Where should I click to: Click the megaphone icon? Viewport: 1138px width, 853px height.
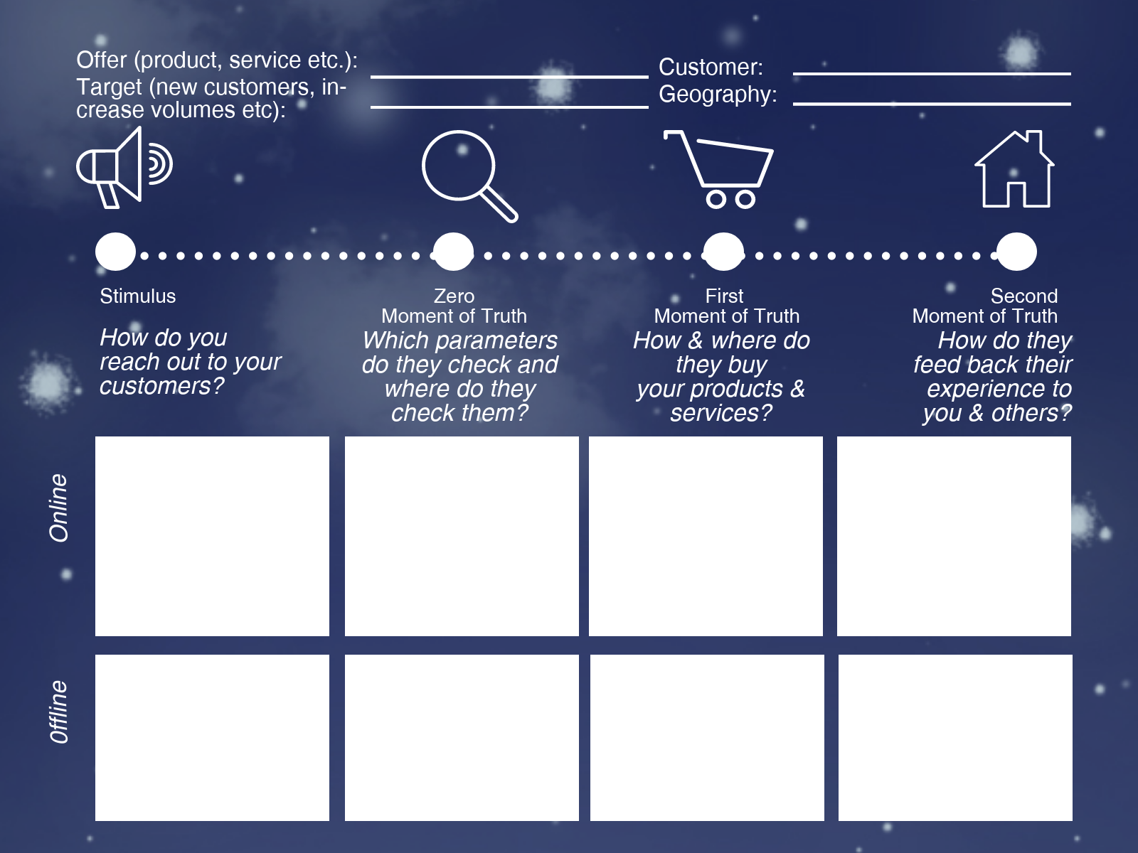tap(122, 168)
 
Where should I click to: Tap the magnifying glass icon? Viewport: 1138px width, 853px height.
tap(466, 173)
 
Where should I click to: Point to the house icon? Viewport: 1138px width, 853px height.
tap(1015, 171)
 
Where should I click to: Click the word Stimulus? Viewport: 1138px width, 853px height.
tap(137, 296)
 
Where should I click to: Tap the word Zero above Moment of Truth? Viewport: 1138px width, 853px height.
tap(454, 296)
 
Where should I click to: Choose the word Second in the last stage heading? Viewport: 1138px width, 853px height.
tap(1023, 296)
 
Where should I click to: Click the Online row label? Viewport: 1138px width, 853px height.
tap(58, 508)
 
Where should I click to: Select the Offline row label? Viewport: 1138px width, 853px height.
tap(58, 712)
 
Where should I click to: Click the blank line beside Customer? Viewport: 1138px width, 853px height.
tap(932, 73)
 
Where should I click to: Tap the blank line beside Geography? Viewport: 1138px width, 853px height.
tap(932, 103)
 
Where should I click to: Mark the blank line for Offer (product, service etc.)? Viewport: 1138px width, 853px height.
tap(509, 76)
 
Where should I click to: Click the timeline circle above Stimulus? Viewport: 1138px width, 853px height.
tap(115, 252)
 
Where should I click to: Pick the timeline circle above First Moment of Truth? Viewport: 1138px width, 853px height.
tap(723, 252)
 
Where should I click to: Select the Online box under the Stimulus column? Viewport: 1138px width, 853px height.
tap(212, 536)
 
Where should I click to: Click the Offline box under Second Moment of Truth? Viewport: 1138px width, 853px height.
tap(955, 737)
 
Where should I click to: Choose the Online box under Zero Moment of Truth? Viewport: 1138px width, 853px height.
tap(462, 536)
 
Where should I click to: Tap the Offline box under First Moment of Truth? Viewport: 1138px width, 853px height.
tap(707, 737)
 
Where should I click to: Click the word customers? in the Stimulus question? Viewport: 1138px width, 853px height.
tap(161, 386)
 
